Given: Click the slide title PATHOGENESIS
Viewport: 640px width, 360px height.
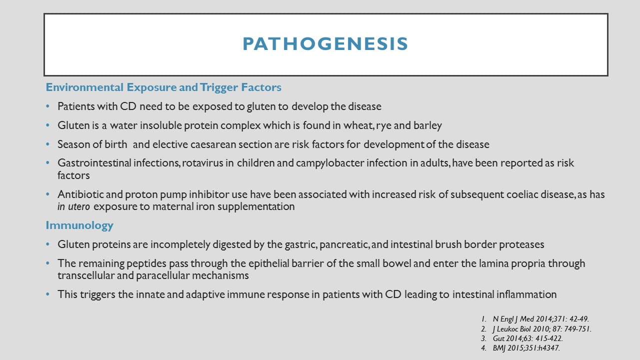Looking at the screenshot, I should point(325,44).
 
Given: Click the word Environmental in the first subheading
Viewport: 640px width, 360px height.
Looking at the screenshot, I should point(84,87).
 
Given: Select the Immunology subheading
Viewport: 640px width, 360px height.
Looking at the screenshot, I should point(79,225).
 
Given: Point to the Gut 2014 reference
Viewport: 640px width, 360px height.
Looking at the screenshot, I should point(527,338).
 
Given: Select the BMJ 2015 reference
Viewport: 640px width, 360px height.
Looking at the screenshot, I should point(533,347).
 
